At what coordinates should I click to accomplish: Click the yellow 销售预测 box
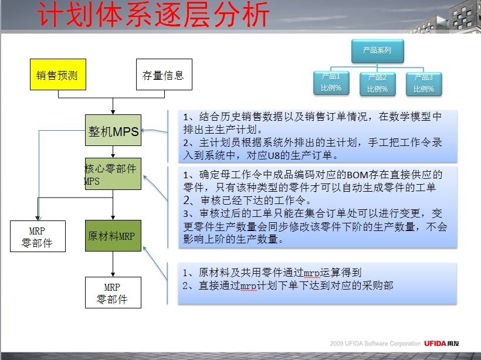coord(58,74)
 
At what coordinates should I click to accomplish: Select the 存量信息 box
coord(164,74)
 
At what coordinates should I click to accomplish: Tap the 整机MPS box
coord(113,130)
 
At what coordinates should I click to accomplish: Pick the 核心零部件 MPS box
coord(113,174)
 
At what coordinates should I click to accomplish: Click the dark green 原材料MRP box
coord(113,236)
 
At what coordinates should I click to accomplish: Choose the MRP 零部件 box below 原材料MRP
coord(113,293)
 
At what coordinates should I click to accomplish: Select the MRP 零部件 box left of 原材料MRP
coord(38,236)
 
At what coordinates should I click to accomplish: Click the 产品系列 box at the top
coord(377,51)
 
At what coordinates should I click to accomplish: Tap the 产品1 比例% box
coord(331,83)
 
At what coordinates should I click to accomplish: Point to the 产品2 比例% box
coord(378,84)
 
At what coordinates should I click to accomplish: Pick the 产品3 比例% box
coord(424,84)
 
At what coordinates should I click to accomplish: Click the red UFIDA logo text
coord(435,344)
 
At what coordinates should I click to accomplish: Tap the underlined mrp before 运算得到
coord(311,273)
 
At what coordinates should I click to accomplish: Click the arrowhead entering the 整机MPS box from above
coord(113,112)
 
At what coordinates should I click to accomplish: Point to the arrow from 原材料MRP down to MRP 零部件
coord(113,264)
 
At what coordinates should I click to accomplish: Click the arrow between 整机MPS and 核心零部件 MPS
coord(113,152)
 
